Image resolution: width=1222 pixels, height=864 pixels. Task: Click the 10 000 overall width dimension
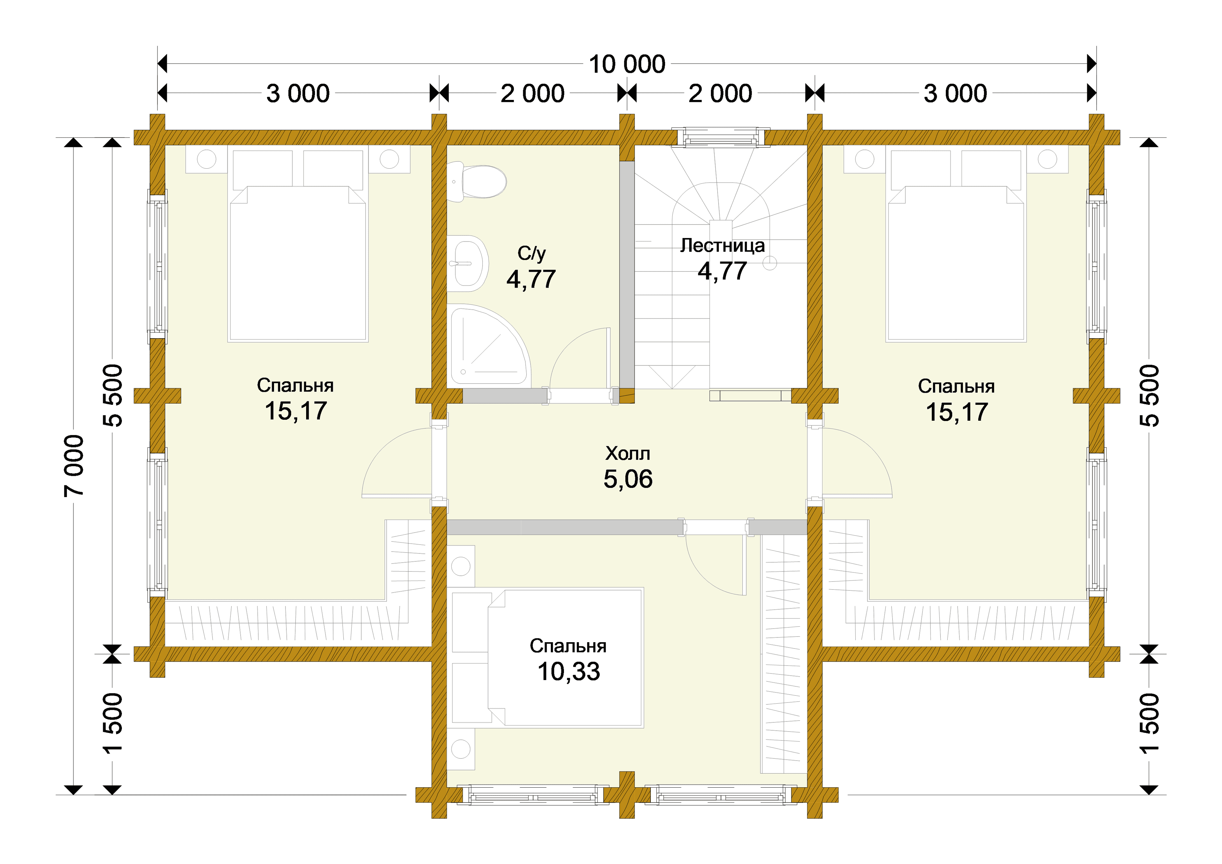(x=627, y=64)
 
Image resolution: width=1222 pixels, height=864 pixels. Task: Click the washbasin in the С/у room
(x=467, y=263)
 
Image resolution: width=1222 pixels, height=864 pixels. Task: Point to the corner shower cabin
(x=488, y=345)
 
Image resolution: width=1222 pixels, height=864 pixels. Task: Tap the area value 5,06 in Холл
(x=628, y=479)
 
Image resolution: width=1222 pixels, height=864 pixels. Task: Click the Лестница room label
(x=722, y=245)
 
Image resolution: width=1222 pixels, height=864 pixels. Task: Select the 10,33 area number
(x=569, y=671)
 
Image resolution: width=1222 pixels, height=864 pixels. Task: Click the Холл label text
(x=628, y=453)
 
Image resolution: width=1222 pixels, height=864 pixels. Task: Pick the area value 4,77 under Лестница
(x=722, y=271)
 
